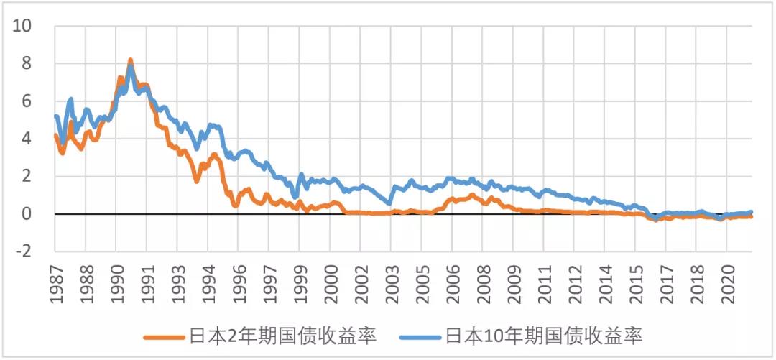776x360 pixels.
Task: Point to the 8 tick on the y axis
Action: pyautogui.click(x=27, y=63)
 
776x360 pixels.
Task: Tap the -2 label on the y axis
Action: pyautogui.click(x=24, y=251)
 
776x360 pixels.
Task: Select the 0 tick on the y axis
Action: pyautogui.click(x=27, y=214)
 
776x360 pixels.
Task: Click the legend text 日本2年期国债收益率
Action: pyautogui.click(x=282, y=335)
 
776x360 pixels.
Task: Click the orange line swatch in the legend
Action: pyautogui.click(x=165, y=336)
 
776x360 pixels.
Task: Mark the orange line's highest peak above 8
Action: pyautogui.click(x=130, y=60)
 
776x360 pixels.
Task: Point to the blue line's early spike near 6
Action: pyautogui.click(x=71, y=99)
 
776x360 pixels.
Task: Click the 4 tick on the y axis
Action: pyautogui.click(x=27, y=139)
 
